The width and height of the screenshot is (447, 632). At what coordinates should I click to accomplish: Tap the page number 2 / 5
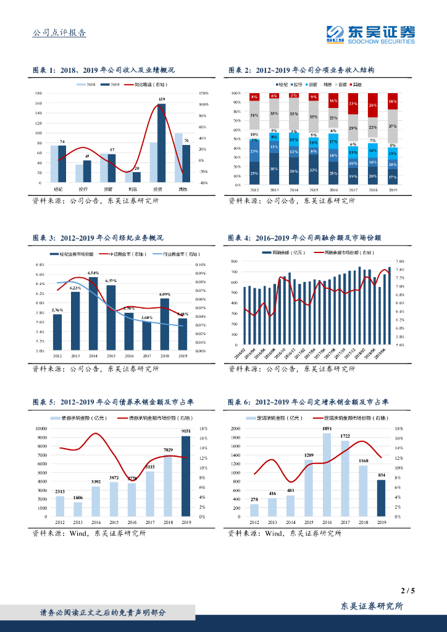(x=407, y=591)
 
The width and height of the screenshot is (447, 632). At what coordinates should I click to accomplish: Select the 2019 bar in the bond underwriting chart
(x=185, y=476)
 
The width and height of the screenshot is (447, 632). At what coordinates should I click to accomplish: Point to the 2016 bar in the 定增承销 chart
(x=327, y=475)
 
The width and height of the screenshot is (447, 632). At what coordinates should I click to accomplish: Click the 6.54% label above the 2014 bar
(x=93, y=272)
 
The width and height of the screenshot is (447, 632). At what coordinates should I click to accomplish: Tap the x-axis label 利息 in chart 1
(x=132, y=189)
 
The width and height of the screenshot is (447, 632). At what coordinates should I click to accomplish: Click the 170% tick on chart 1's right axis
(x=203, y=93)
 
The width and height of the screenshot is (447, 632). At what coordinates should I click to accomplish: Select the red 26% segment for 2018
(x=372, y=106)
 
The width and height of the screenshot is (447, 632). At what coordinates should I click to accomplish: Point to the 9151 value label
(x=185, y=431)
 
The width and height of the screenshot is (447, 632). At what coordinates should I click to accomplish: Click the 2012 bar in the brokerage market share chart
(x=57, y=332)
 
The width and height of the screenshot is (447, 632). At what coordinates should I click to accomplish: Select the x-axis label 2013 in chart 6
(x=272, y=522)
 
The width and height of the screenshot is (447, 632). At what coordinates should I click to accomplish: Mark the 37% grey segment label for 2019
(x=393, y=126)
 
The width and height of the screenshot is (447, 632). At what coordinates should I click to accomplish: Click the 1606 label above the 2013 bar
(x=77, y=497)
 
